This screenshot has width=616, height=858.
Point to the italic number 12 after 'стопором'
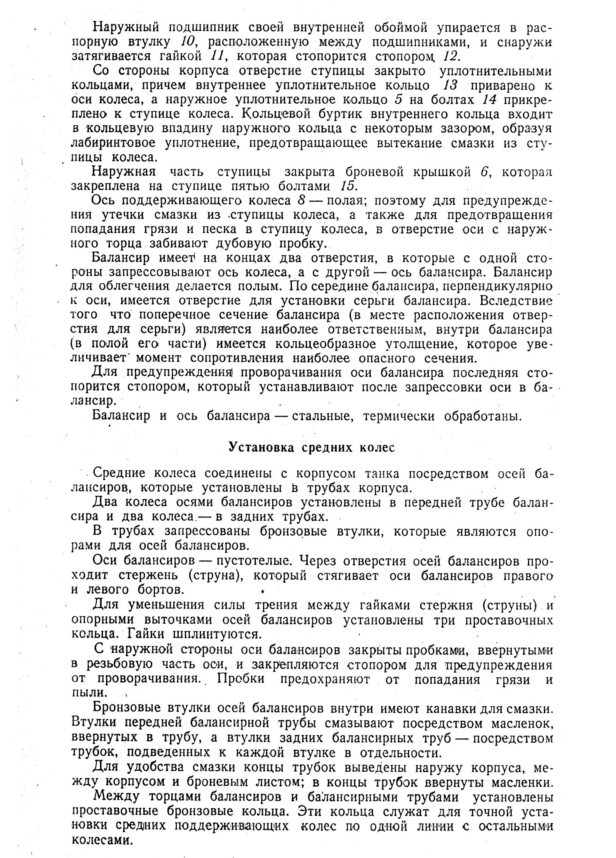[x=450, y=56]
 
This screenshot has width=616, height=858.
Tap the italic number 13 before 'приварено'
[x=450, y=85]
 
